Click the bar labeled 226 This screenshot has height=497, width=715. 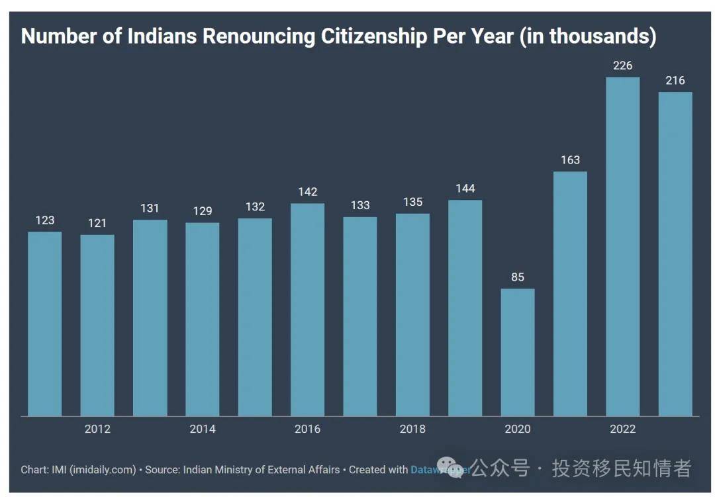[x=622, y=246]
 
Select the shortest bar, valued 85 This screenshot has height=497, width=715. [x=517, y=352]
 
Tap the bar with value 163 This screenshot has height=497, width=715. [x=570, y=294]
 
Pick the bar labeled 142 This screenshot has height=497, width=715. [x=307, y=310]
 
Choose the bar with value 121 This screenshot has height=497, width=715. [x=97, y=325]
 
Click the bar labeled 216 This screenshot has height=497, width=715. [x=675, y=253]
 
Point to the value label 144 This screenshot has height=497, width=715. [x=465, y=189]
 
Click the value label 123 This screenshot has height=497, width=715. [x=44, y=220]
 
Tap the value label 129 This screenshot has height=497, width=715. [x=202, y=211]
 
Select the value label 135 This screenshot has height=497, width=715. [x=412, y=202]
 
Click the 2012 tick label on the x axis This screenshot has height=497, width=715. [x=97, y=429]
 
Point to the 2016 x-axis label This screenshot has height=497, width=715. [x=307, y=429]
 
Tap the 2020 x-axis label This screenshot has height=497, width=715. [x=517, y=429]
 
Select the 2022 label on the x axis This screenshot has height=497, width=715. [x=622, y=429]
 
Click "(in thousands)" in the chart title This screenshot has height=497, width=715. [x=587, y=36]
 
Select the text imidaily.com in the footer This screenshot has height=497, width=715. [x=109, y=470]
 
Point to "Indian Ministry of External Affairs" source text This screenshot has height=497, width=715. [x=261, y=470]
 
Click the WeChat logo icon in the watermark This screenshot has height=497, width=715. [x=449, y=468]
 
